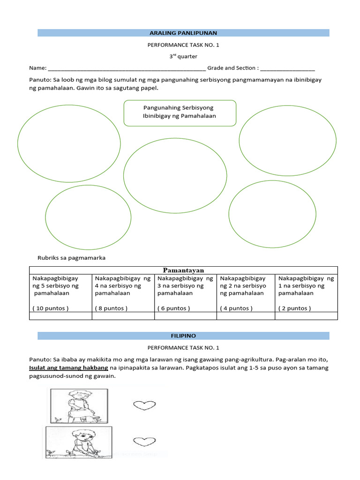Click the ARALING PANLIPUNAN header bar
click(183, 33)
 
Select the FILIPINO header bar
click(183, 336)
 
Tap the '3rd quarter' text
click(183, 56)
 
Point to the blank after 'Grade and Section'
click(288, 68)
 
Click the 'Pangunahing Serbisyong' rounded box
click(180, 112)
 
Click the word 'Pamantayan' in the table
click(183, 270)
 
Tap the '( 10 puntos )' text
click(51, 308)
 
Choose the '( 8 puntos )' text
click(112, 308)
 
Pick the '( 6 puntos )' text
click(174, 308)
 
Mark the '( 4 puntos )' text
click(236, 308)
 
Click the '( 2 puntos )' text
click(295, 308)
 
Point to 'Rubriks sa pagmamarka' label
click(71, 258)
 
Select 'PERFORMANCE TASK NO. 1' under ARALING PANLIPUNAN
click(183, 45)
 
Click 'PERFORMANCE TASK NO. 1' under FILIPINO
click(183, 348)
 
